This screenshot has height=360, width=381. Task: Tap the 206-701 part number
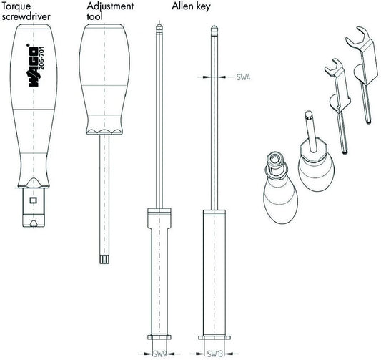(41, 58)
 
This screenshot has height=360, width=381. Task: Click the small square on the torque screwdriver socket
(33, 200)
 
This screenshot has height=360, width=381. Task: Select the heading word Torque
(16, 6)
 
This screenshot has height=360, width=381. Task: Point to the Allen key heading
(191, 7)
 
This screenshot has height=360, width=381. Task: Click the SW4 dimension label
(244, 77)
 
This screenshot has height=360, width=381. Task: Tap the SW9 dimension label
(159, 354)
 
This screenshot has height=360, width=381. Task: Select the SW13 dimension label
(215, 354)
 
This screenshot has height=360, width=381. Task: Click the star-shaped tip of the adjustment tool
(104, 259)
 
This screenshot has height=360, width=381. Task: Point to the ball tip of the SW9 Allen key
(159, 29)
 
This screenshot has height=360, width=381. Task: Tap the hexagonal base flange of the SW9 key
(159, 337)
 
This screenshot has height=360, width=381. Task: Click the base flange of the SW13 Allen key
(214, 338)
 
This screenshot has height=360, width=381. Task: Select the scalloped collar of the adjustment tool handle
(104, 132)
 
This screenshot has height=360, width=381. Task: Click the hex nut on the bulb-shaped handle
(315, 151)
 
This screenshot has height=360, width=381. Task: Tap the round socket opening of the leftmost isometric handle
(275, 159)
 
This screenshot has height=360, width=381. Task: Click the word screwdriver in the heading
(26, 16)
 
